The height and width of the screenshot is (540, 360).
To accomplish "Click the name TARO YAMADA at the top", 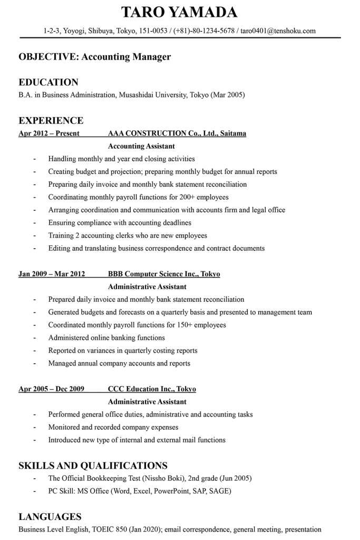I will [x=179, y=12].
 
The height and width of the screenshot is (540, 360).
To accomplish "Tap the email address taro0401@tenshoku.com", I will [x=278, y=31].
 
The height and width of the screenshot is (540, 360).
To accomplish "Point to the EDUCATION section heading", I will [x=48, y=82].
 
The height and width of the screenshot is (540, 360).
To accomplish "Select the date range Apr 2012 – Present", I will [x=49, y=133].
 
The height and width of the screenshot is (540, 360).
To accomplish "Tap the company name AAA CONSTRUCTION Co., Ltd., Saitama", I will [x=177, y=133].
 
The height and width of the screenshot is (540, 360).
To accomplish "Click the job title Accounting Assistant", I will [x=141, y=146].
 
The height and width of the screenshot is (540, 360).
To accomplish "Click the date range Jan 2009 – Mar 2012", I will [x=52, y=274].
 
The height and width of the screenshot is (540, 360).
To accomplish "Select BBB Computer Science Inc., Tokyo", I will [x=164, y=274].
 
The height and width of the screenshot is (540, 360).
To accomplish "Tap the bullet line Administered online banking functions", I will [x=106, y=337].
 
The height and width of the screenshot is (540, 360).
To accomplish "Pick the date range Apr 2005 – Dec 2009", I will [x=51, y=389].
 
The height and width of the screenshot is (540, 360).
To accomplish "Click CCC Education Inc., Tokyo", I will [x=152, y=389].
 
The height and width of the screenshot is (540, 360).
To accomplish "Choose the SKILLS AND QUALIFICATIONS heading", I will [x=93, y=466].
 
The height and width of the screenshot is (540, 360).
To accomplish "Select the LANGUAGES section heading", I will [x=50, y=517].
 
